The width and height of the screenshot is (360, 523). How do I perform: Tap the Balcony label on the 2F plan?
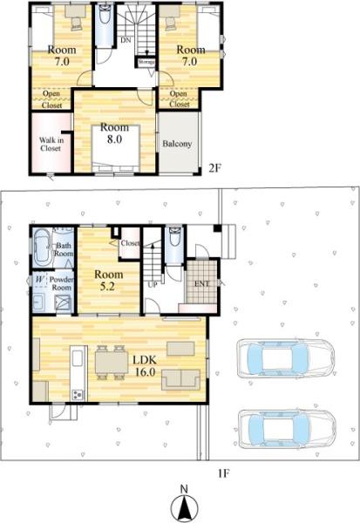point(178,144)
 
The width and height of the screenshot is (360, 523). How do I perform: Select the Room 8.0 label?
point(116,132)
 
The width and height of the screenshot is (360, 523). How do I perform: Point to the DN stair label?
point(126,41)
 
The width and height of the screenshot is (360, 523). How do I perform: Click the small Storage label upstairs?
point(146,62)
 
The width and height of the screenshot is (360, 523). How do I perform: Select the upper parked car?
point(285,356)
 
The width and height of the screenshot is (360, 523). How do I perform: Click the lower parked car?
point(285,426)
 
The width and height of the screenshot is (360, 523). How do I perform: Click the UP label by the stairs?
point(153,284)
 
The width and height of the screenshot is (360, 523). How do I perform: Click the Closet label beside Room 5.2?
point(131,243)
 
